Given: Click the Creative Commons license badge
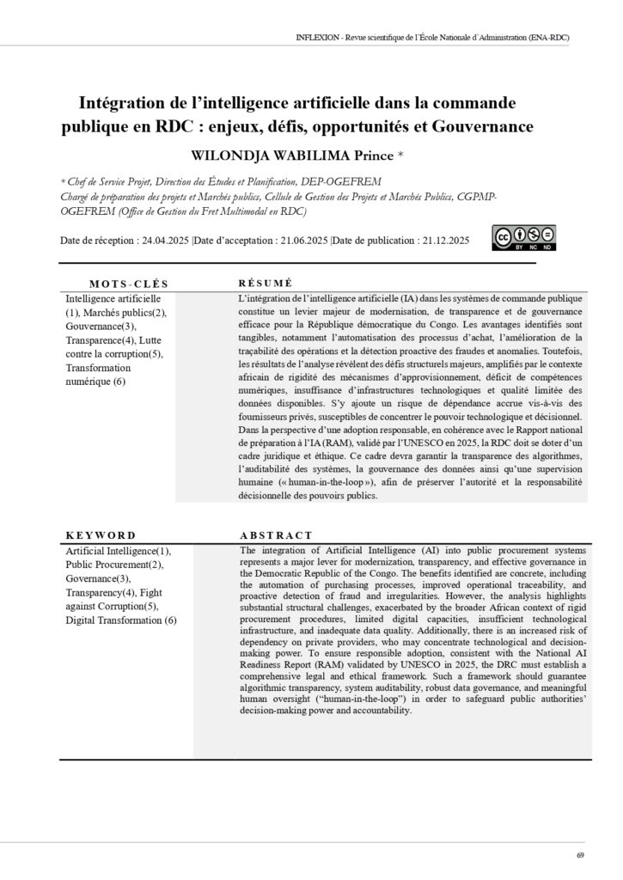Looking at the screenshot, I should pyautogui.click(x=523, y=237).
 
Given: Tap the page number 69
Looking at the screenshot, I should pyautogui.click(x=581, y=854).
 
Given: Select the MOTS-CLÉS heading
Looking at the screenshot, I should pyautogui.click(x=129, y=284).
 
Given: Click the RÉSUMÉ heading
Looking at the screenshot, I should pyautogui.click(x=265, y=283).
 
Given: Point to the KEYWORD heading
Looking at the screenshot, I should pyautogui.click(x=101, y=535).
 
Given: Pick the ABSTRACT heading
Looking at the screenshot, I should pyautogui.click(x=276, y=535).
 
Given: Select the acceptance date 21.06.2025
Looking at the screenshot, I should pyautogui.click(x=301, y=241).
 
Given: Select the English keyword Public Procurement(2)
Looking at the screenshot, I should pyautogui.click(x=115, y=565).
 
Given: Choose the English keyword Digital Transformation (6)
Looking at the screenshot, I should pyautogui.click(x=121, y=620).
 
